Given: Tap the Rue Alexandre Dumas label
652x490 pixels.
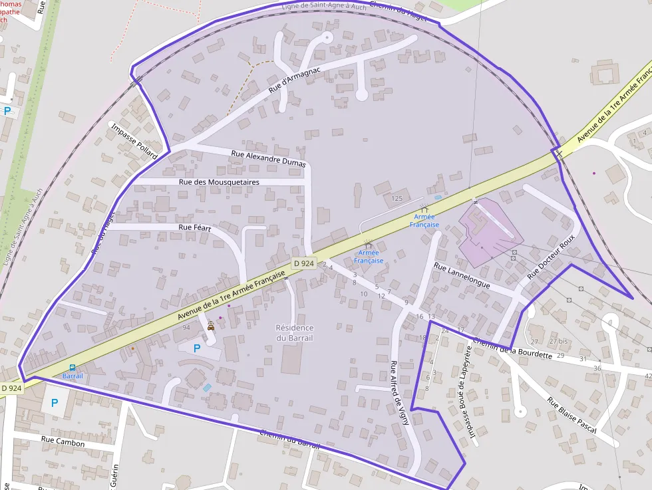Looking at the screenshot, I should pyautogui.click(x=268, y=158).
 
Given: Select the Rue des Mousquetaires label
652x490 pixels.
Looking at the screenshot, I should pyautogui.click(x=219, y=182).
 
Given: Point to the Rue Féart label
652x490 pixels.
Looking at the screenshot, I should pyautogui.click(x=195, y=227).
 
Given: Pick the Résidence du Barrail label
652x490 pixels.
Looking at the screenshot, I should pyautogui.click(x=295, y=332).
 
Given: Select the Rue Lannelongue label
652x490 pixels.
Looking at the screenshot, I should pyautogui.click(x=462, y=275).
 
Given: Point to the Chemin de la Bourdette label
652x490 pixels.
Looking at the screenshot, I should pyautogui.click(x=512, y=348).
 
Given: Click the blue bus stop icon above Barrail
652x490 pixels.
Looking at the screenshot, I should pyautogui.click(x=73, y=368).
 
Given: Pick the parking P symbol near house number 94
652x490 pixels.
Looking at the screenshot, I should pyautogui.click(x=197, y=348).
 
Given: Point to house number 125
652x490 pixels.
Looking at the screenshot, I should pyautogui.click(x=397, y=198).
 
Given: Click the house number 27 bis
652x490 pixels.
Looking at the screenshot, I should pyautogui.click(x=558, y=341).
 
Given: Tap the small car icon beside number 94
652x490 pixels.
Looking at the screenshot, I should pyautogui.click(x=211, y=326).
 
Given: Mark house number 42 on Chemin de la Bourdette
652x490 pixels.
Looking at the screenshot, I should pyautogui.click(x=648, y=376).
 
